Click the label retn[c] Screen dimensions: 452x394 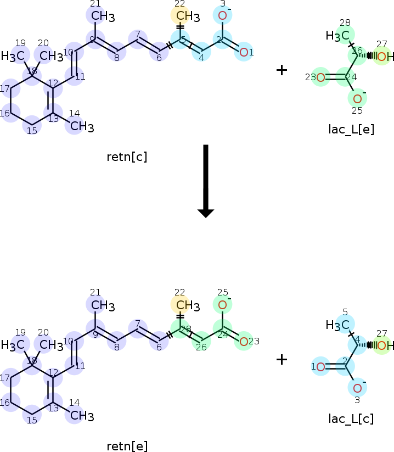[127, 157]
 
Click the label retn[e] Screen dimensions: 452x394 [127, 445]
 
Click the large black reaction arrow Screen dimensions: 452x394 [205, 181]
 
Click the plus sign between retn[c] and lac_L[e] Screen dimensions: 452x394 [282, 70]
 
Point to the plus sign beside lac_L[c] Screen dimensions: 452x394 [282, 359]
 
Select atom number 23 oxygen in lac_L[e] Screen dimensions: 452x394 [321, 77]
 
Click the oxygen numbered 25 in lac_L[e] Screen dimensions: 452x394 [357, 99]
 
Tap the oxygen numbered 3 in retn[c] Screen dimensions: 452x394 [222, 15]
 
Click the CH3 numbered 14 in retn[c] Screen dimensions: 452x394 [81, 126]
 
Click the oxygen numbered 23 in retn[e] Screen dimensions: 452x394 [243, 341]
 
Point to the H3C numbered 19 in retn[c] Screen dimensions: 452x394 [13, 56]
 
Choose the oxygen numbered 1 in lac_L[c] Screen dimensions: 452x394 [321, 366]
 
